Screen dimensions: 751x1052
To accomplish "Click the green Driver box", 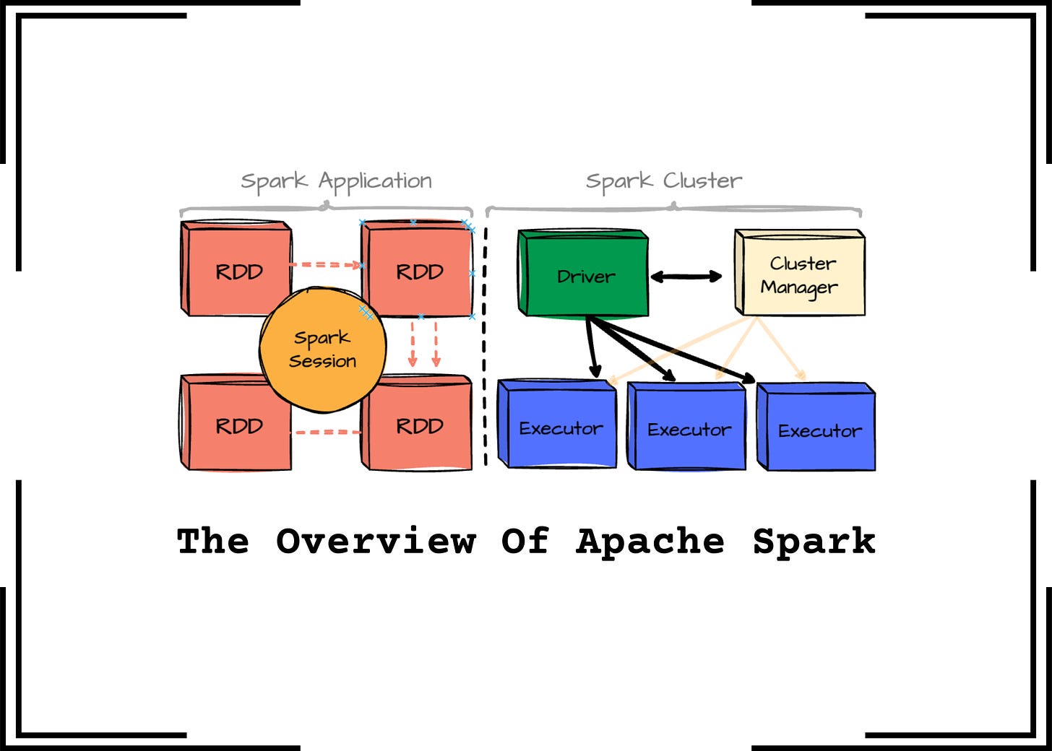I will [583, 274].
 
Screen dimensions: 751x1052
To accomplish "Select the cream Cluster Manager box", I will [799, 274].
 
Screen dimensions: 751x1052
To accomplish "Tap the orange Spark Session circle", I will [322, 350].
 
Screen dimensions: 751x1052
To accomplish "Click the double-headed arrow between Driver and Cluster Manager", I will [686, 277].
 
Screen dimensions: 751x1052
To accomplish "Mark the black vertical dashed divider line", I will [485, 347].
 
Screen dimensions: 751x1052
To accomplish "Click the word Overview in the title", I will [376, 542].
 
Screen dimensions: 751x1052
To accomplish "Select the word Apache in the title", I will [650, 542].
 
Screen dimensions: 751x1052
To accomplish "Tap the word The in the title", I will [213, 542].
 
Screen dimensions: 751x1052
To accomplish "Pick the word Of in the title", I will [525, 542].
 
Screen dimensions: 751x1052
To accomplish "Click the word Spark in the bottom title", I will [814, 542].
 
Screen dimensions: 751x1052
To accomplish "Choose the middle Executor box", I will [687, 427].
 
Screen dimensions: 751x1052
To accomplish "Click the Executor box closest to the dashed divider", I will [558, 426].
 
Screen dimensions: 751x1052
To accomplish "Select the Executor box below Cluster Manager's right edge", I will [817, 429].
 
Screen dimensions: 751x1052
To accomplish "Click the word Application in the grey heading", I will [375, 181].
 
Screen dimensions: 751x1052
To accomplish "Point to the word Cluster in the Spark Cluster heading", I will [702, 181].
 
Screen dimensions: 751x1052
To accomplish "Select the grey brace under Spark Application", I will [326, 209].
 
